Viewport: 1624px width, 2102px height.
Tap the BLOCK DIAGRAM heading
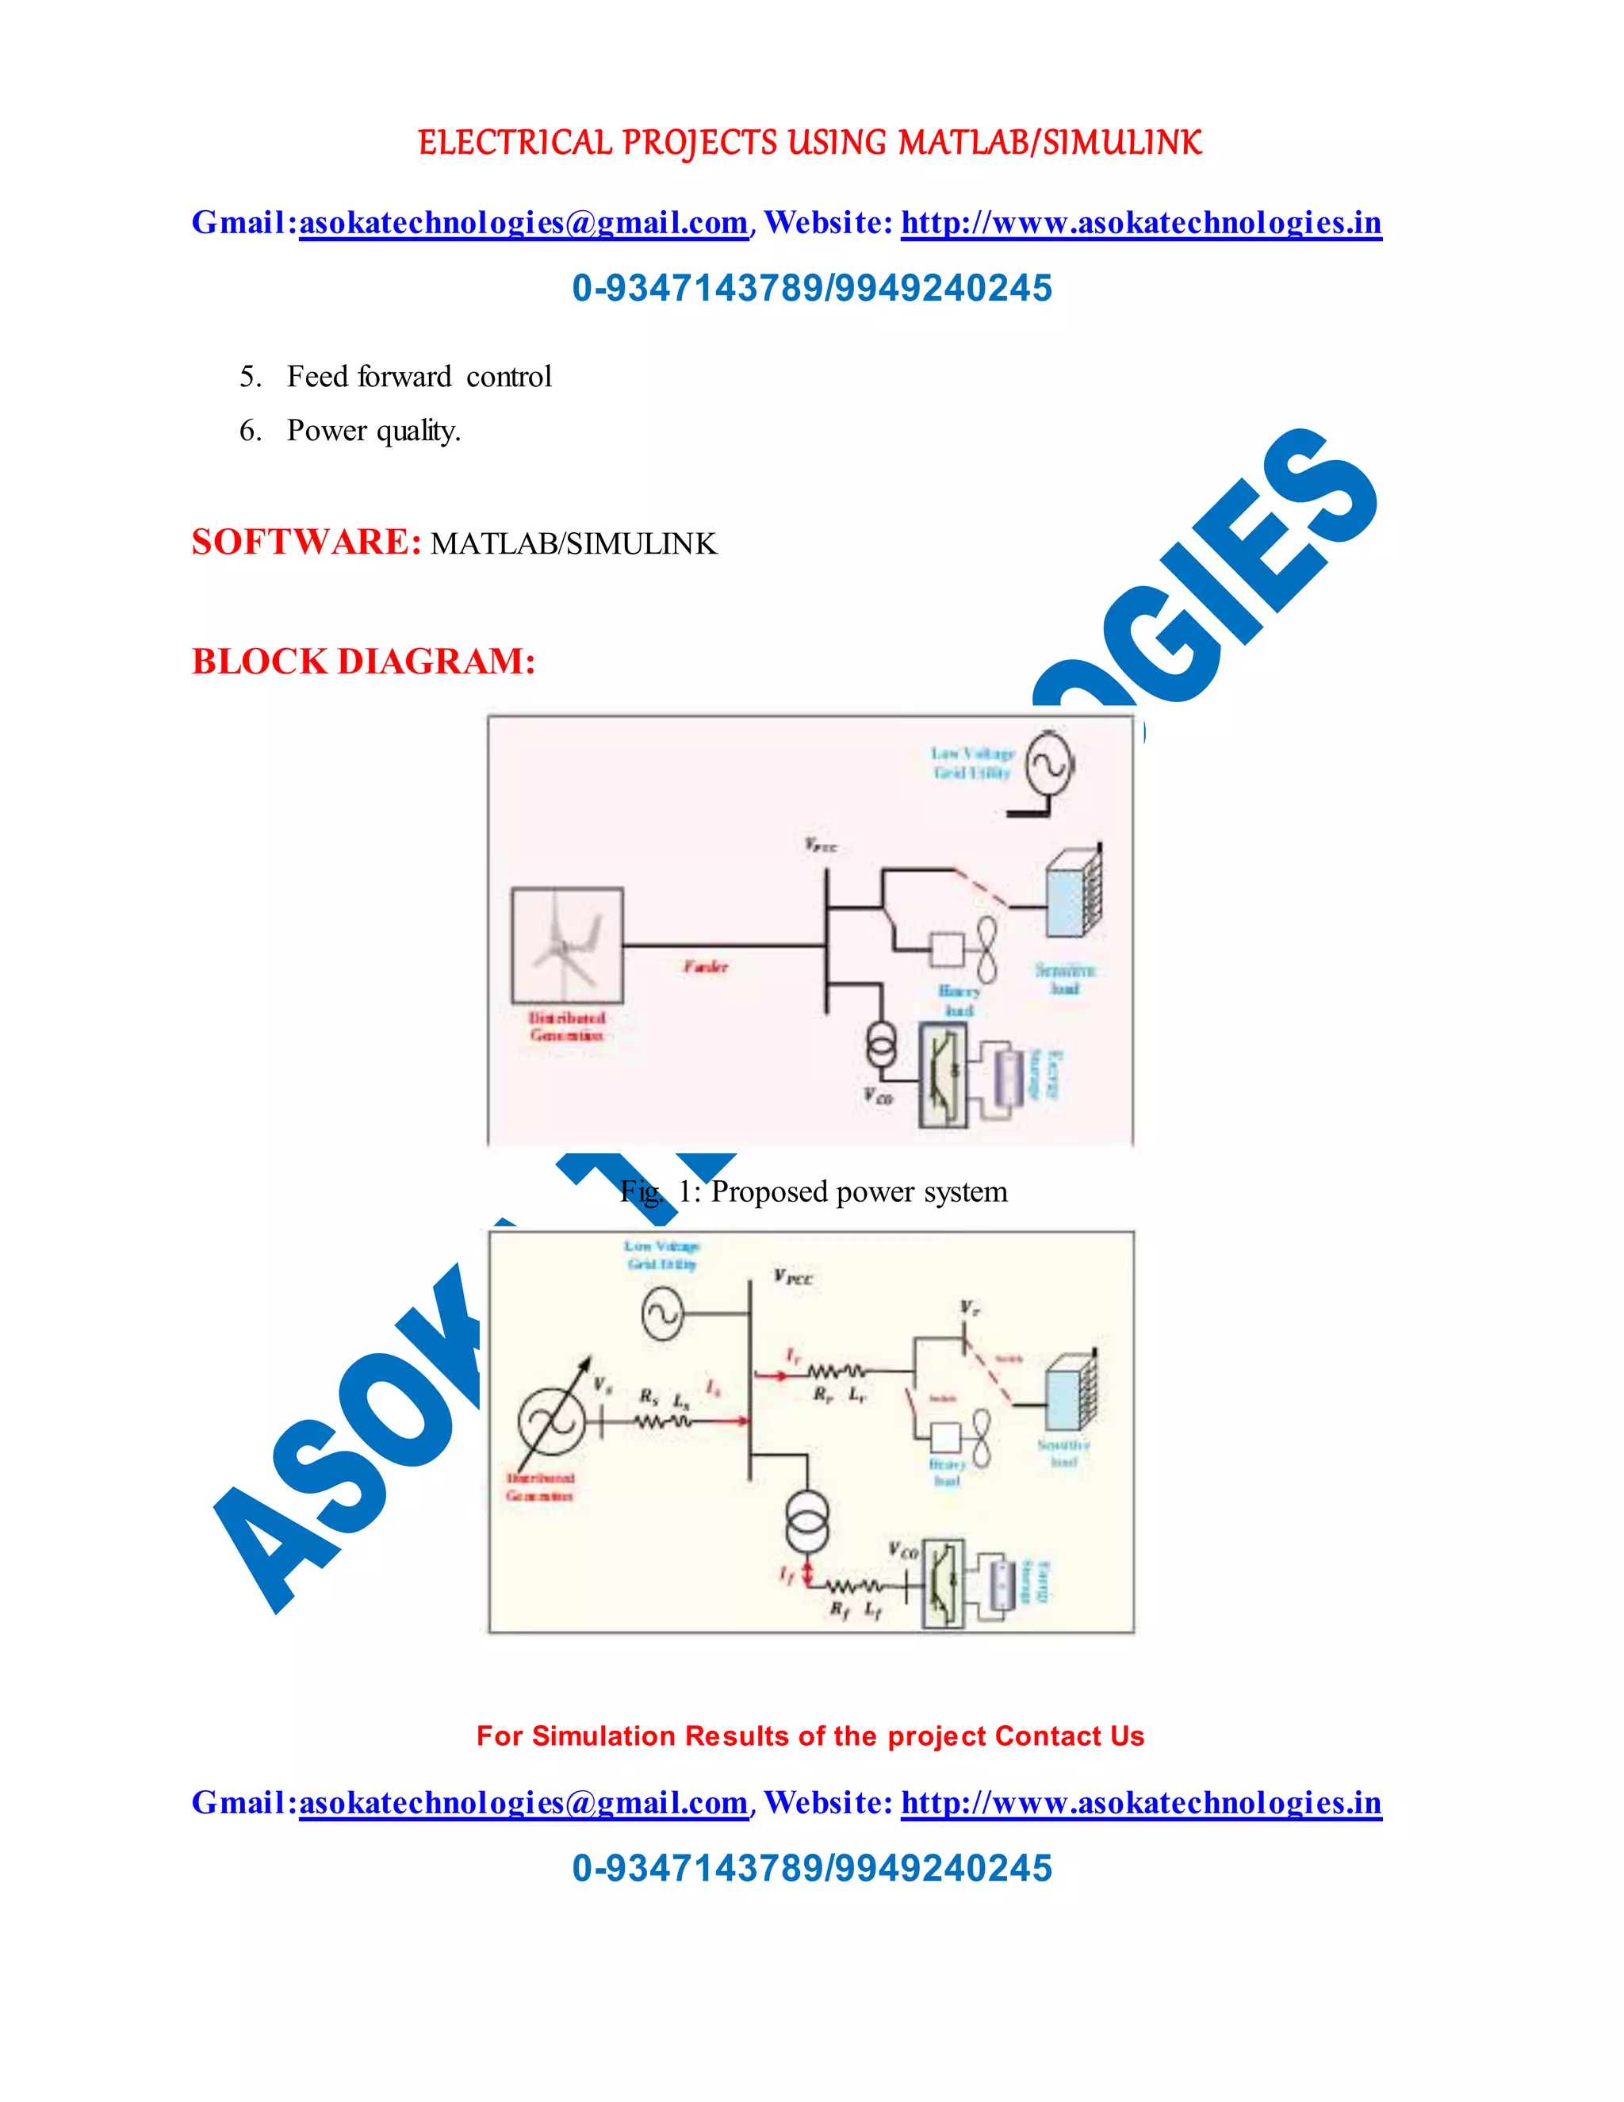click(x=362, y=662)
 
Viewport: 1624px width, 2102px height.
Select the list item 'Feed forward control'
click(x=419, y=376)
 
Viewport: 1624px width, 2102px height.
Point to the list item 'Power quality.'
click(x=373, y=430)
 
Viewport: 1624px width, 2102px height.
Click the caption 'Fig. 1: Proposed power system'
click(x=814, y=1191)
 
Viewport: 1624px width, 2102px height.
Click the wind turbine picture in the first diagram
click(x=567, y=946)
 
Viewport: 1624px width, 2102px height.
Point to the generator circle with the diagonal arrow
click(x=552, y=1421)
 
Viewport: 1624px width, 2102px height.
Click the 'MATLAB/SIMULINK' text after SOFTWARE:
click(x=573, y=544)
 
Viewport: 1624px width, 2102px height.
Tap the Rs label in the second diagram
click(x=649, y=1395)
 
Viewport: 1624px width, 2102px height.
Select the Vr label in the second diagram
click(x=969, y=1307)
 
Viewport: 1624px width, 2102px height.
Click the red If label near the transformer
click(x=786, y=1575)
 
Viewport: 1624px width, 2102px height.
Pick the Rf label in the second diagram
click(x=839, y=1609)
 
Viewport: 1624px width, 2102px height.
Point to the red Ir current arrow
click(x=770, y=1375)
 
